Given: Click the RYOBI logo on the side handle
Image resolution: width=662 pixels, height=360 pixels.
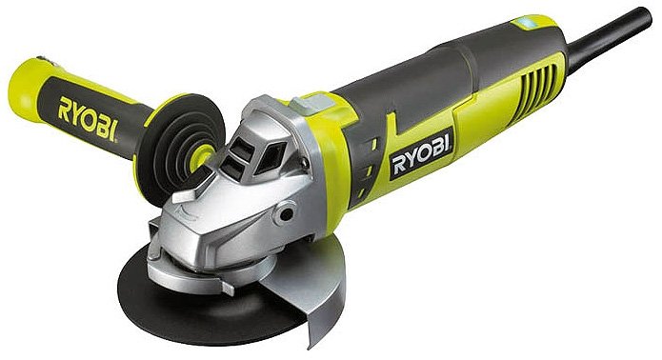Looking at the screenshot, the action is click(x=88, y=119).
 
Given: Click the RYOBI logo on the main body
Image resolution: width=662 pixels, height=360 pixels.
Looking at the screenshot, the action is click(x=421, y=154).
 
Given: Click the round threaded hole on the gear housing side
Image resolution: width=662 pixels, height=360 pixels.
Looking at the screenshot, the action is click(x=286, y=213).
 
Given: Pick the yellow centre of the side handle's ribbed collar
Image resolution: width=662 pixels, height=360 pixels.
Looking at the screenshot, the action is click(x=200, y=157).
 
